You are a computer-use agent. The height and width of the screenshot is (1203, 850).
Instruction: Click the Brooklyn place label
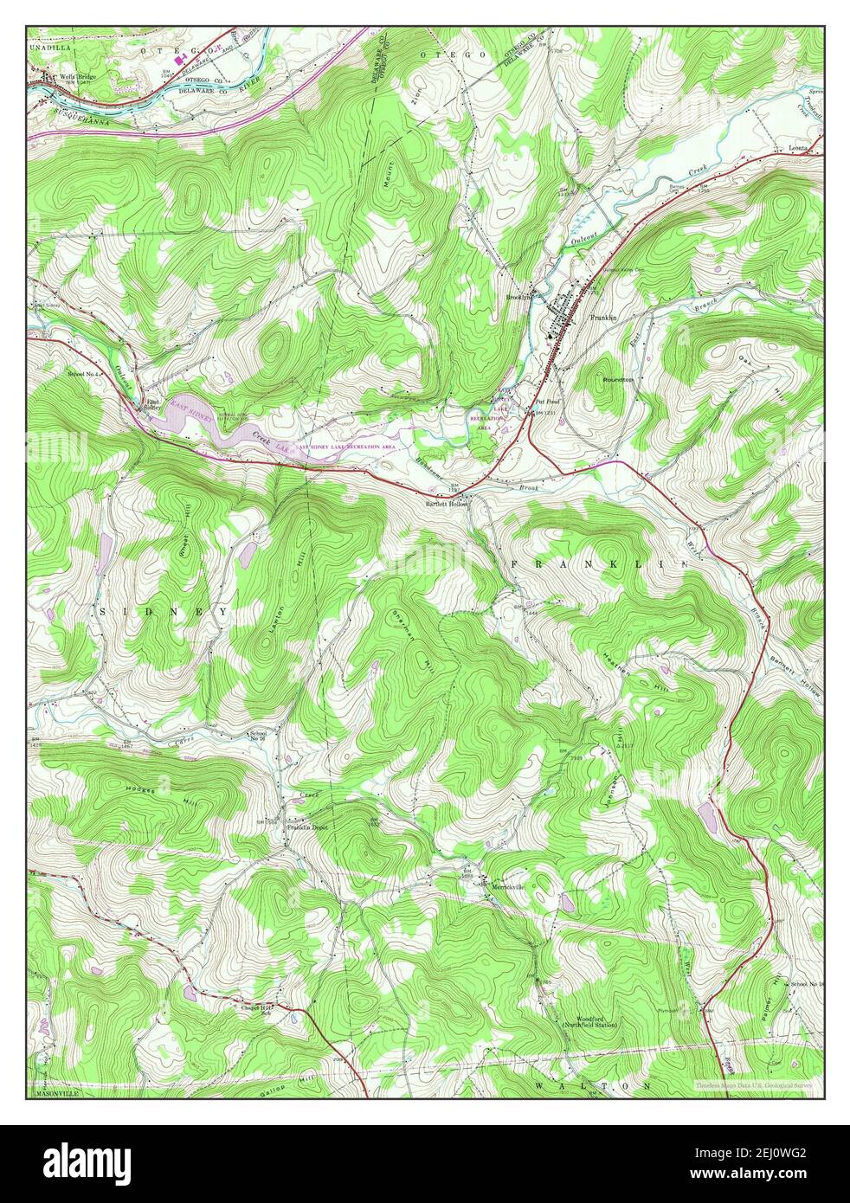click(518, 297)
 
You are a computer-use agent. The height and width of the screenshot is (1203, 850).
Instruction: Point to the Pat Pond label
click(547, 402)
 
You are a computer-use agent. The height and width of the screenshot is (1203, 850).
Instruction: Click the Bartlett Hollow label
click(447, 503)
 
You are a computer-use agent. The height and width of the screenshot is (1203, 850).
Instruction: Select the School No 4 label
click(85, 374)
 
